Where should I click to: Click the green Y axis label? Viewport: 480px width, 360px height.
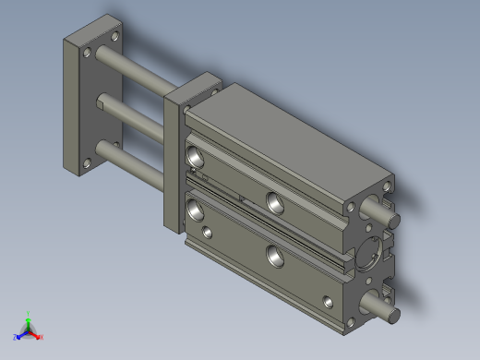30,314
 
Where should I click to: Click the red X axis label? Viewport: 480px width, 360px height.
41,338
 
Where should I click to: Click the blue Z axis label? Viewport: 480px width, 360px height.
17,338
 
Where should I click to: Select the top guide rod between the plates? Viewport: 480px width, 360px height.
138,70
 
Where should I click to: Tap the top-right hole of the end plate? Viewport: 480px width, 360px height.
114,38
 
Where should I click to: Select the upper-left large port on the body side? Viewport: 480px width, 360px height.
196,155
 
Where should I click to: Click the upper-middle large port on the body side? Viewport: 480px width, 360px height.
274,200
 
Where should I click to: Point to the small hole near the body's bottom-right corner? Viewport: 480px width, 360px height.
330,300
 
